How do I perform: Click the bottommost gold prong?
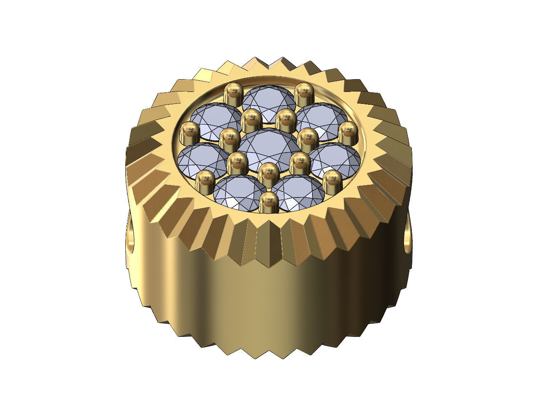point(268,202)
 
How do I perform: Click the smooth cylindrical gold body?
point(268,301)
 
